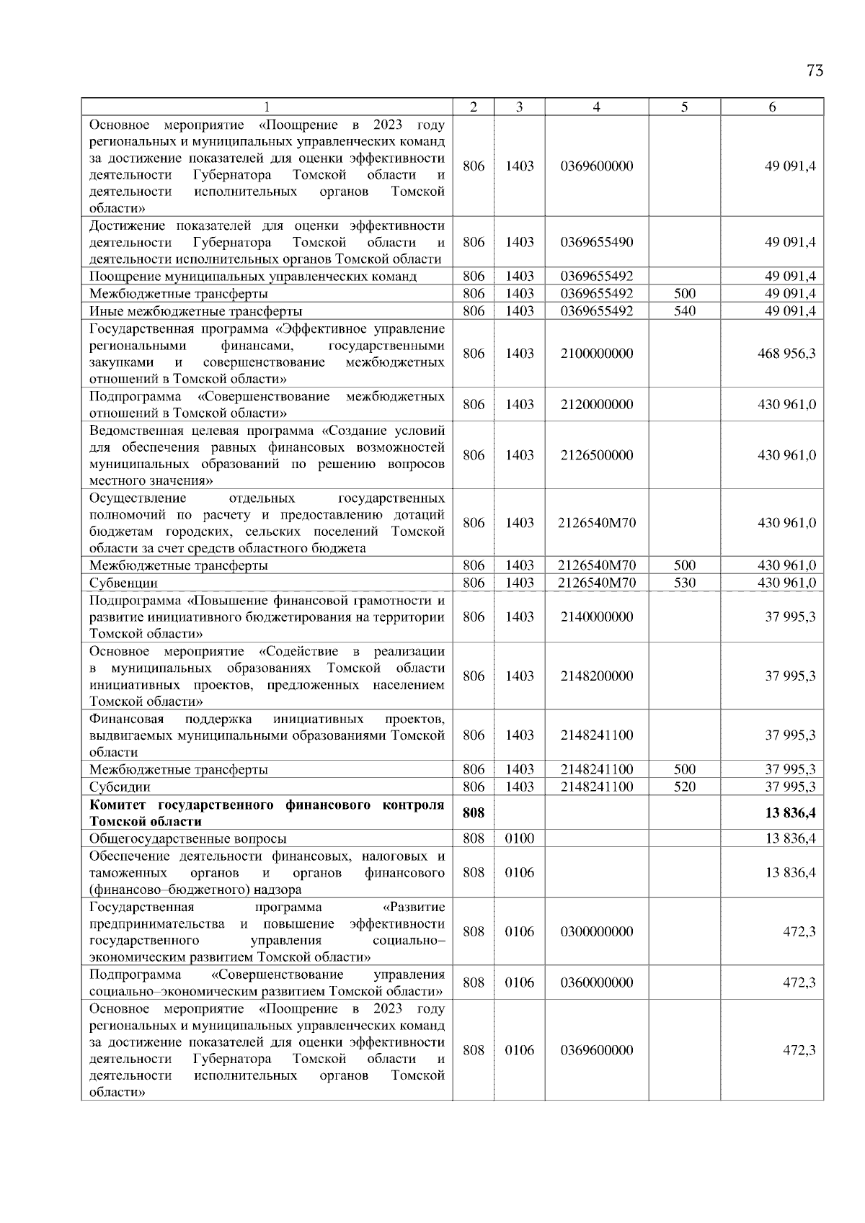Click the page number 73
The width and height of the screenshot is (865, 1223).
815,71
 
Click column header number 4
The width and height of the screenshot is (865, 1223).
596,107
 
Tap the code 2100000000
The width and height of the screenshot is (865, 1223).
596,354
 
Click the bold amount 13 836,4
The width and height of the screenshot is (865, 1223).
790,813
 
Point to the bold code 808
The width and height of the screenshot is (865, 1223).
473,813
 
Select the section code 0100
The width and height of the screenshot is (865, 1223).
519,838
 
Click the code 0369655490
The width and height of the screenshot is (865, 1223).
596,242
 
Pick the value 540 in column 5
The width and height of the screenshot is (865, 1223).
684,311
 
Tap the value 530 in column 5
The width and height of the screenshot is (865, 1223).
684,583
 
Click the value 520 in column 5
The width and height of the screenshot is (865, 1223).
684,787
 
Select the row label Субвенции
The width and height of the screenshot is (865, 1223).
123,583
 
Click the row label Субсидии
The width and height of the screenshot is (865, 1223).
120,787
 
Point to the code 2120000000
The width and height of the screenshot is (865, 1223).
596,405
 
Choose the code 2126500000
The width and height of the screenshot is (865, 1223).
596,455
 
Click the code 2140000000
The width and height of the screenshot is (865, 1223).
596,617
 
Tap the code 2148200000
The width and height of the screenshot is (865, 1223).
596,676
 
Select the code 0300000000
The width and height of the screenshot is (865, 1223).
596,932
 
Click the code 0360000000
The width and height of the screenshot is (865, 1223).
596,982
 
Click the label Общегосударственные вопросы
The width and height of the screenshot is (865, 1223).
187,838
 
